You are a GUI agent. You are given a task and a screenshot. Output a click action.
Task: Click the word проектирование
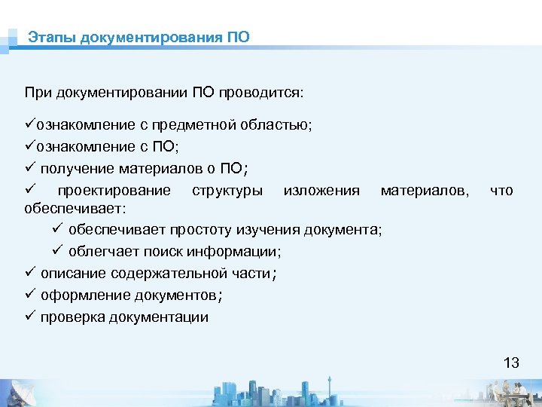point(114,190)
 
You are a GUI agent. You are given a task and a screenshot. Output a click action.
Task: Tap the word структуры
point(227,190)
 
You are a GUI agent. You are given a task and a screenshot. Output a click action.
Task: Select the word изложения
point(321,190)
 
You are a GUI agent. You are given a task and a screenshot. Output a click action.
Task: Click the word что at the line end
point(501,190)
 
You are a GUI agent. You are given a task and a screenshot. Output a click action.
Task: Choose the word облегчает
point(102,251)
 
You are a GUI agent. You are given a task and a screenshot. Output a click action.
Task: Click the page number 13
point(511,363)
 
